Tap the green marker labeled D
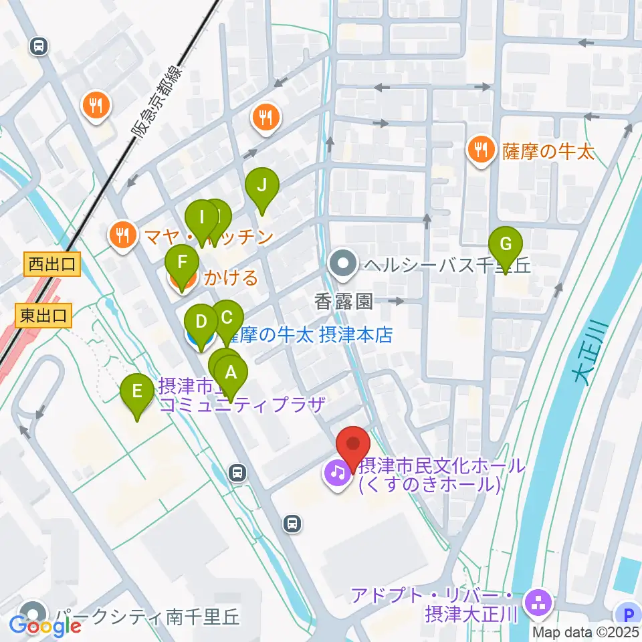coord(200,323)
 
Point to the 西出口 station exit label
coord(52,265)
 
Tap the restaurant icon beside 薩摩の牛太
coord(480,148)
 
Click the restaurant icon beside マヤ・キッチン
coord(121,234)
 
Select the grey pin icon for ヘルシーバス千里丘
coord(344,265)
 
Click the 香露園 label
coord(344,302)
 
